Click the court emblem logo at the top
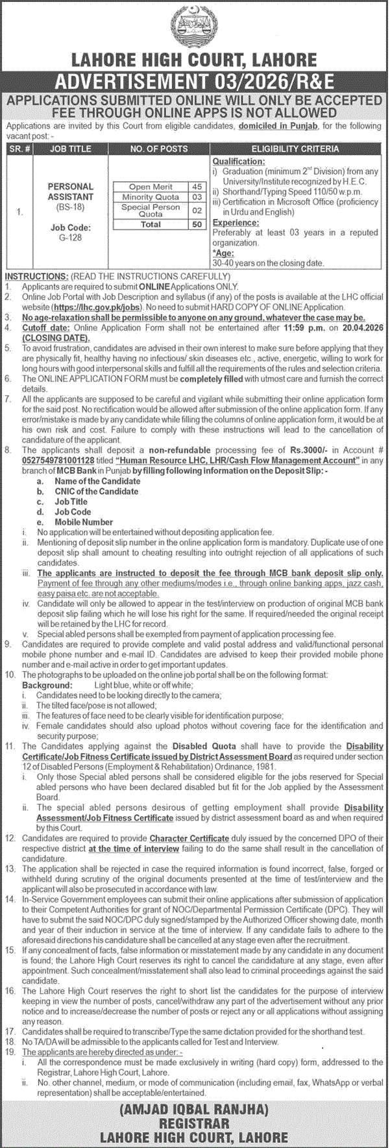[195, 27]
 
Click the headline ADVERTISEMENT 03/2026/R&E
[195, 81]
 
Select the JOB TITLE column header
[71, 149]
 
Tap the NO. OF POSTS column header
[158, 149]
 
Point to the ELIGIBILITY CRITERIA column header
[295, 149]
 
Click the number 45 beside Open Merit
[197, 187]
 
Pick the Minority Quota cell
[151, 197]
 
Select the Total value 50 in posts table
[197, 224]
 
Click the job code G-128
[71, 238]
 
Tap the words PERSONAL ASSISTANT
[71, 192]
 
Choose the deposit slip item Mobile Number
[84, 522]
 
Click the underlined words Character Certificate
[189, 839]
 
